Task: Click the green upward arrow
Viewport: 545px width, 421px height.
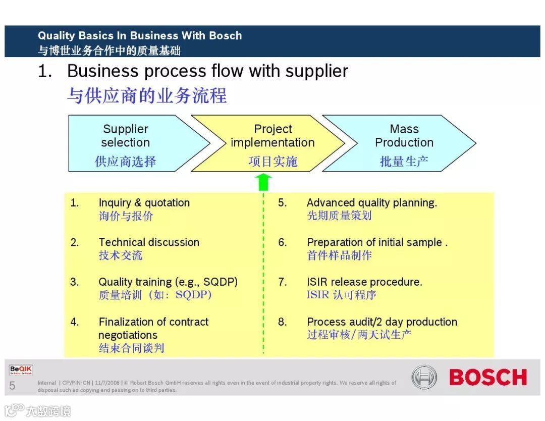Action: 263,182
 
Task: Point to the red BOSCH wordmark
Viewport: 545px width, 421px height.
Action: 487,377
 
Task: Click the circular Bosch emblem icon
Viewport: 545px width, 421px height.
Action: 424,377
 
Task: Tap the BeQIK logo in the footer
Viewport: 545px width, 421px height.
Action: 21,371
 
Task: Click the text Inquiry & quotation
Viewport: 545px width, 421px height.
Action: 144,203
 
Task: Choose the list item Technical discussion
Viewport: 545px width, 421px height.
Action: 149,242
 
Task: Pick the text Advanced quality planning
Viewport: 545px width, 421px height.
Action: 372,203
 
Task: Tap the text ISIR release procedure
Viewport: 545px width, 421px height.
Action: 364,282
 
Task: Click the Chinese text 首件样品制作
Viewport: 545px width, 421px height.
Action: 339,255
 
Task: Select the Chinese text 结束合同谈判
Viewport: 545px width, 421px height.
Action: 131,348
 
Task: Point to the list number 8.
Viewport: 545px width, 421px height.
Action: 283,322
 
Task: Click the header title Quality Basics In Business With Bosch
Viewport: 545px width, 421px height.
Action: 140,36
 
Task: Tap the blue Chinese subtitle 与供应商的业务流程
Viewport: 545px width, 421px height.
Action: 147,95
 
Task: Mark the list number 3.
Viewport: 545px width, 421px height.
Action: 75,282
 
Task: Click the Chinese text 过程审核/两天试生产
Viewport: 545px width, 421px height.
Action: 359,335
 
